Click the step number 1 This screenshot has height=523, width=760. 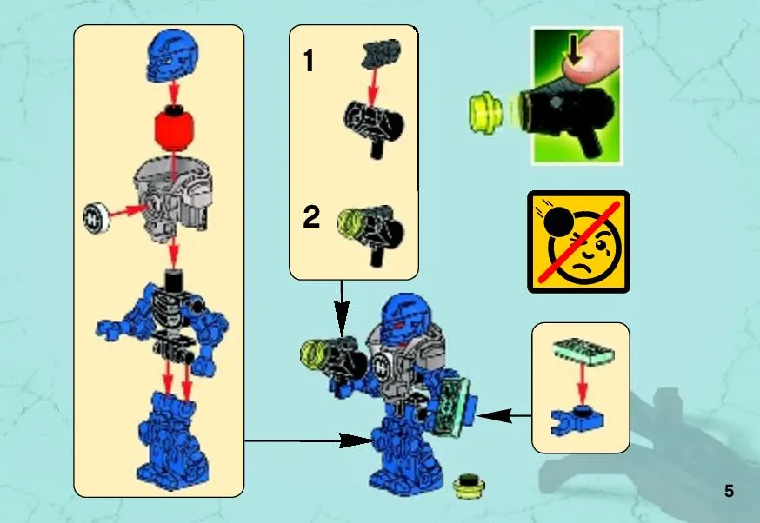309,62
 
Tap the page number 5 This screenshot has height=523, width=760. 729,491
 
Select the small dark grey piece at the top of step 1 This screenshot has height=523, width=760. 381,53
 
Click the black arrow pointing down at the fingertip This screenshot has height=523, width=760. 574,54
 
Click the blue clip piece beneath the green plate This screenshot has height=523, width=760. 577,420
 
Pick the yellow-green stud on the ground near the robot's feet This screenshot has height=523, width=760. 469,486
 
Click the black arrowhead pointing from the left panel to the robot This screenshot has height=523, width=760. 357,440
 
